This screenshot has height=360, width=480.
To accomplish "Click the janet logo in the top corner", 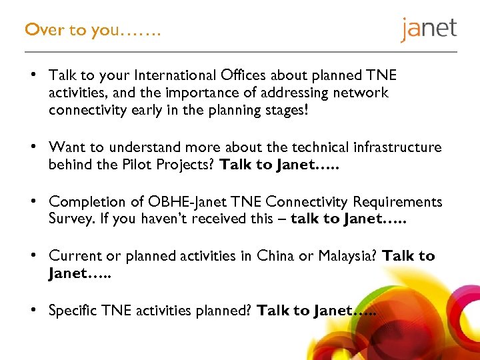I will click(429, 29).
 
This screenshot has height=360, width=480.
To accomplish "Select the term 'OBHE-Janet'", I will click(200, 201).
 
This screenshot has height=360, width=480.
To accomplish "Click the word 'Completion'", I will click(87, 201).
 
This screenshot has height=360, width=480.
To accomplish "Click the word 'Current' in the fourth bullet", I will click(75, 256).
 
